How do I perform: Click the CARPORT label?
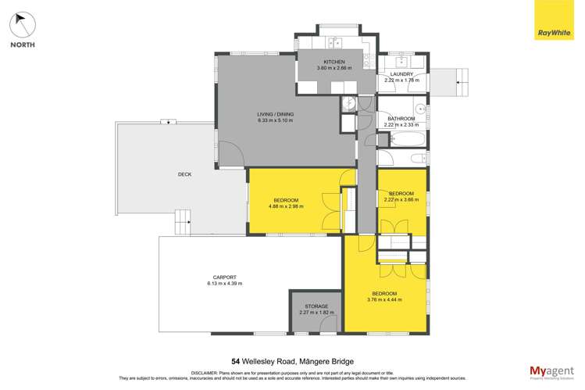[224, 277]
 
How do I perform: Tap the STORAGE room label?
[316, 306]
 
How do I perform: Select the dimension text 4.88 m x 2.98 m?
[285, 206]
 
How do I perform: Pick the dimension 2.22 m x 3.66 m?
[401, 199]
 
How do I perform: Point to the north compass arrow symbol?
[22, 25]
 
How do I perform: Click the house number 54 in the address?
[235, 361]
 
